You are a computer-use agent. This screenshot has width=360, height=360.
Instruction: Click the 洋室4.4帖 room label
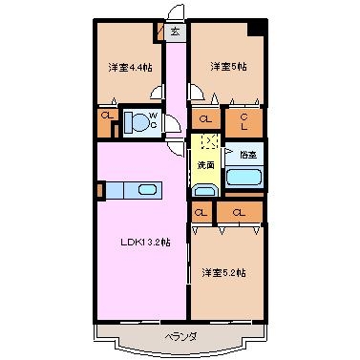(x=130, y=68)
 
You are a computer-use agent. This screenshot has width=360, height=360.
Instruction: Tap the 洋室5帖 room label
(x=228, y=67)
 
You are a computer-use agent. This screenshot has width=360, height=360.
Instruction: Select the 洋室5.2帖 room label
(x=223, y=273)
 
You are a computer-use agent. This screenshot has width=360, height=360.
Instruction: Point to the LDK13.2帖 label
(x=145, y=243)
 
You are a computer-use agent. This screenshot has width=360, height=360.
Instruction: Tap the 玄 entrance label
(x=176, y=32)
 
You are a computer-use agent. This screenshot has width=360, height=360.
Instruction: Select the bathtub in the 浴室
(x=244, y=178)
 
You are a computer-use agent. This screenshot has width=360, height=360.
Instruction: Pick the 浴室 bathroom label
(x=248, y=155)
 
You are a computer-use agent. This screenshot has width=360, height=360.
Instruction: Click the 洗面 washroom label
(x=205, y=165)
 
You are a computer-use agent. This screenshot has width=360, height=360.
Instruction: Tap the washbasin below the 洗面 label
(x=204, y=190)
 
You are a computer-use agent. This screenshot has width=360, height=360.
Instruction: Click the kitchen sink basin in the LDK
(x=147, y=190)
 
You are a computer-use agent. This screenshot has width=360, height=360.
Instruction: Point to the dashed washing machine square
(x=209, y=141)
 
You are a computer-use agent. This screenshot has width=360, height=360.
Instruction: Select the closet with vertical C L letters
(x=244, y=122)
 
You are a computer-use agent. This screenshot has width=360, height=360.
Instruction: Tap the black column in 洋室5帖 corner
(x=257, y=28)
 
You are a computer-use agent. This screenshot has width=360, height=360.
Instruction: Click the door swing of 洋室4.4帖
(x=157, y=93)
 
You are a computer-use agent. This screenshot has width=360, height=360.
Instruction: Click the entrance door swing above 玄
(x=176, y=12)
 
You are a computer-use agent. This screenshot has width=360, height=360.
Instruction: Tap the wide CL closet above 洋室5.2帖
(x=240, y=212)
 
